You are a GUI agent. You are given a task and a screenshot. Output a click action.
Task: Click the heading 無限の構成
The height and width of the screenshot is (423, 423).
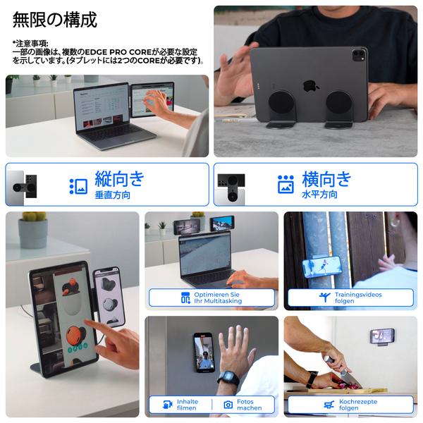tap(55, 20)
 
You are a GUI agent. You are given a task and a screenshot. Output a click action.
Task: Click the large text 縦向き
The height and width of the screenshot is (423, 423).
tap(120, 178)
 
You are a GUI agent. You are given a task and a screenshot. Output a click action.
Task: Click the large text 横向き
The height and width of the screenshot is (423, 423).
tap(326, 178)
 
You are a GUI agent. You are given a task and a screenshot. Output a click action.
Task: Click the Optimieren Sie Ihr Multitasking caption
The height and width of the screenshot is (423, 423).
tap(211, 298)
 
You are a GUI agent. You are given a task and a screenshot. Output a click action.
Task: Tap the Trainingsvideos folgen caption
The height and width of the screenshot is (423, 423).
tap(350, 298)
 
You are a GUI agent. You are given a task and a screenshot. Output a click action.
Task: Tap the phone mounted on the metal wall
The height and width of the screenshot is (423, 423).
tap(204, 352)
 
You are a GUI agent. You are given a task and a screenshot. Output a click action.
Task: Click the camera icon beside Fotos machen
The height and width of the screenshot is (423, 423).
tap(228, 405)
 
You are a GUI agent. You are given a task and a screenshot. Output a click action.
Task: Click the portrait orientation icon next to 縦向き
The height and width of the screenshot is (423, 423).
tap(78, 185)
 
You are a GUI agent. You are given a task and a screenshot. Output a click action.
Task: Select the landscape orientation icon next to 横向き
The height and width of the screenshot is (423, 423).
tap(286, 185)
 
